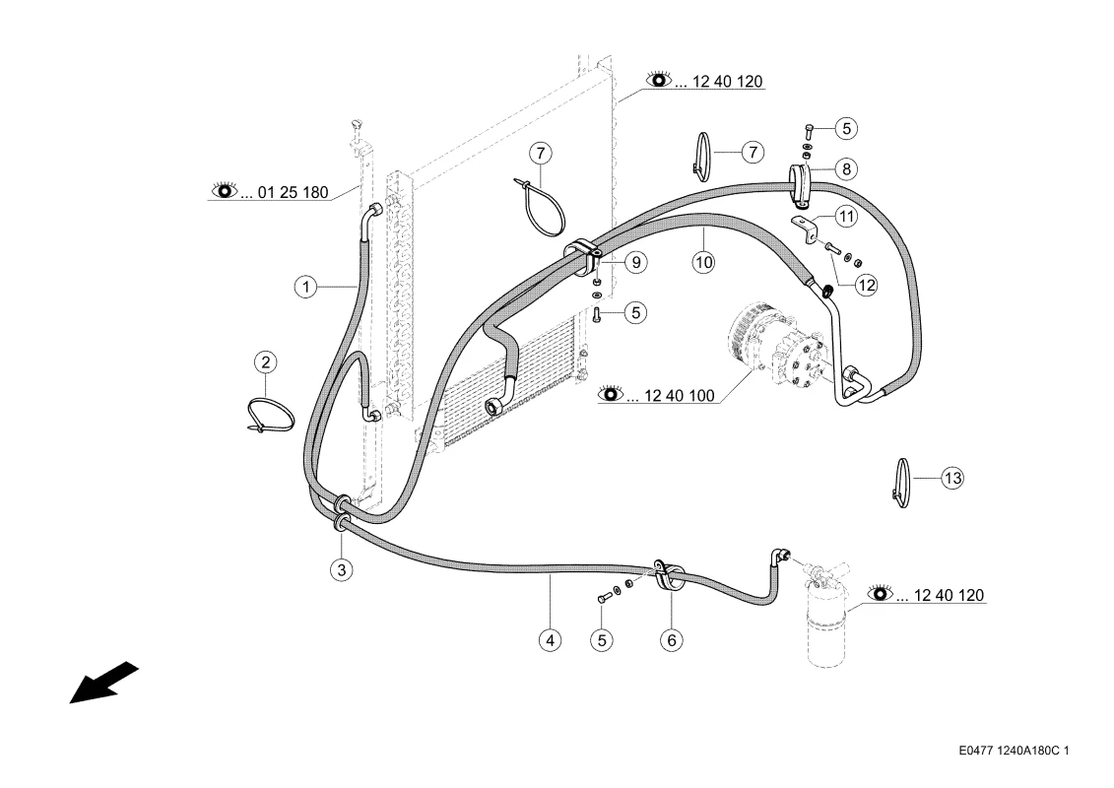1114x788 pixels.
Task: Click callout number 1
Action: tap(305, 287)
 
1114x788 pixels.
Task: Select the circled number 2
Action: tap(266, 362)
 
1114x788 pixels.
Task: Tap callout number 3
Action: tap(342, 570)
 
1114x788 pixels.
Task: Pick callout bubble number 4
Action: tap(550, 640)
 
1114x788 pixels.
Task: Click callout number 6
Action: tap(672, 640)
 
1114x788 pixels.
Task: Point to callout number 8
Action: tap(846, 169)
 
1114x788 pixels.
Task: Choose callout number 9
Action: tap(636, 263)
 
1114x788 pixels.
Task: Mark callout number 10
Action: tap(704, 263)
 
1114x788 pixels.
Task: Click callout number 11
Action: tap(846, 216)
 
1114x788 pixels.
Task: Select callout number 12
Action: tap(866, 286)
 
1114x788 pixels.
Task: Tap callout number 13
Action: tap(952, 478)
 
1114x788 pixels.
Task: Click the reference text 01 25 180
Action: tap(293, 192)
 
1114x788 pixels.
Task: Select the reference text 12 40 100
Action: tap(680, 396)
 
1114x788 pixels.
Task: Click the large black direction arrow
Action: tap(103, 683)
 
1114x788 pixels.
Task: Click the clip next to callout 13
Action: tap(902, 484)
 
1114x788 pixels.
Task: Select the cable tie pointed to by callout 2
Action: tap(270, 415)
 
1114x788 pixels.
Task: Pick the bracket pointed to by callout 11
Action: tap(807, 230)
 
